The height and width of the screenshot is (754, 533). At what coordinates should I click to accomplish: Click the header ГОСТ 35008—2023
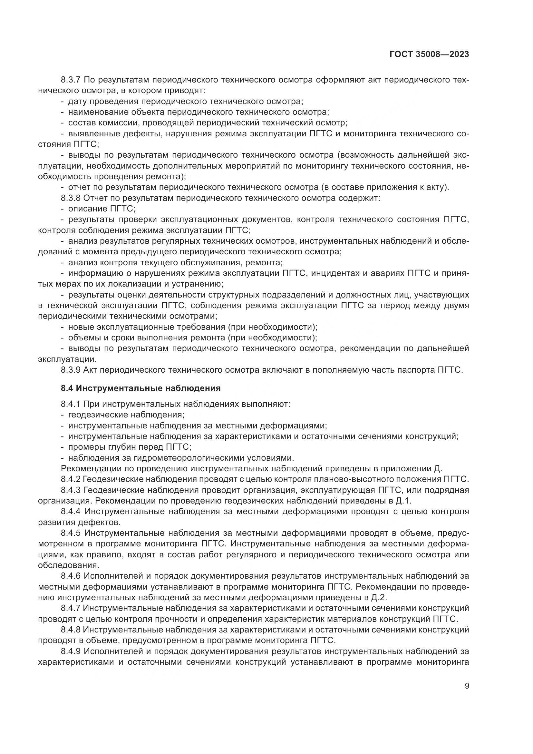429,54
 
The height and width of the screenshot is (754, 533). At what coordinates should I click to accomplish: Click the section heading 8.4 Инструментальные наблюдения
141,388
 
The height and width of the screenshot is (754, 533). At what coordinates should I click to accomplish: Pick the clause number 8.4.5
72,533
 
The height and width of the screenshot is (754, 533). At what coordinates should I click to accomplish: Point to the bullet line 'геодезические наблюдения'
126,415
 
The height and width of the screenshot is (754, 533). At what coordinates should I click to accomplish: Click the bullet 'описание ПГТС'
102,209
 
